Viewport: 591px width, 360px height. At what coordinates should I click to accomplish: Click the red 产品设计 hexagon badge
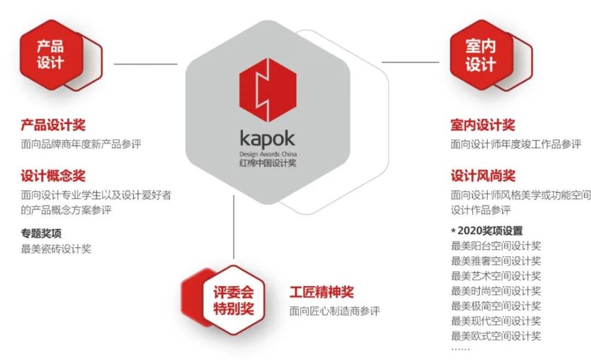click(x=51, y=54)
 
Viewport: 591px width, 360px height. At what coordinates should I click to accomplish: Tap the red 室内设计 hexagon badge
click(x=481, y=54)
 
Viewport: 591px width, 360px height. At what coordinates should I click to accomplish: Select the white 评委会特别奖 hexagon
click(x=233, y=300)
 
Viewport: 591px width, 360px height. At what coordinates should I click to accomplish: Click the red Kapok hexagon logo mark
click(x=268, y=90)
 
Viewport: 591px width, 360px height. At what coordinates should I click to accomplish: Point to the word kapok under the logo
click(x=268, y=139)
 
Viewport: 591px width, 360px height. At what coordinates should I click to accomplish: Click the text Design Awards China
click(x=268, y=154)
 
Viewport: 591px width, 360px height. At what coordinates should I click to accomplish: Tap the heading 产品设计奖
click(x=53, y=125)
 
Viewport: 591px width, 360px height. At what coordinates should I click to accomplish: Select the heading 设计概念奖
click(x=53, y=176)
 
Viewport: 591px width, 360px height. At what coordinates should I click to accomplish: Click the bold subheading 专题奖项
click(x=41, y=233)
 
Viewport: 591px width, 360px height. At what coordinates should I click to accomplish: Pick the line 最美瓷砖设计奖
click(x=56, y=249)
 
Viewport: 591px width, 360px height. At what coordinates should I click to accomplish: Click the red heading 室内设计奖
click(x=483, y=125)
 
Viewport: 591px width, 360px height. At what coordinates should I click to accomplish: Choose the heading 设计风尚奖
click(x=483, y=176)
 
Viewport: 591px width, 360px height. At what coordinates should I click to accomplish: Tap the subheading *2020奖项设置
click(x=486, y=231)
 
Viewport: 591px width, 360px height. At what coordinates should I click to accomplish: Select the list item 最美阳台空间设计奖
click(x=496, y=246)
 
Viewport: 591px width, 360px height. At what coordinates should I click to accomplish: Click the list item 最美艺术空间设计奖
click(x=496, y=276)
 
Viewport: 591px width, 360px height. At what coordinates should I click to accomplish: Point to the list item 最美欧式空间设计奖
click(x=496, y=336)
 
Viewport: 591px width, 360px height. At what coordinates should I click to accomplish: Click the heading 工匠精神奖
click(x=322, y=292)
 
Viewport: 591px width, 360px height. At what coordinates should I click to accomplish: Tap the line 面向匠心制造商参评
click(x=335, y=311)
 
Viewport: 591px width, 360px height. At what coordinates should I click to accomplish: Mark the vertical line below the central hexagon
click(x=233, y=227)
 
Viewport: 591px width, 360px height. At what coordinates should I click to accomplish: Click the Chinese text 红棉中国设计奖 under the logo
click(x=268, y=163)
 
